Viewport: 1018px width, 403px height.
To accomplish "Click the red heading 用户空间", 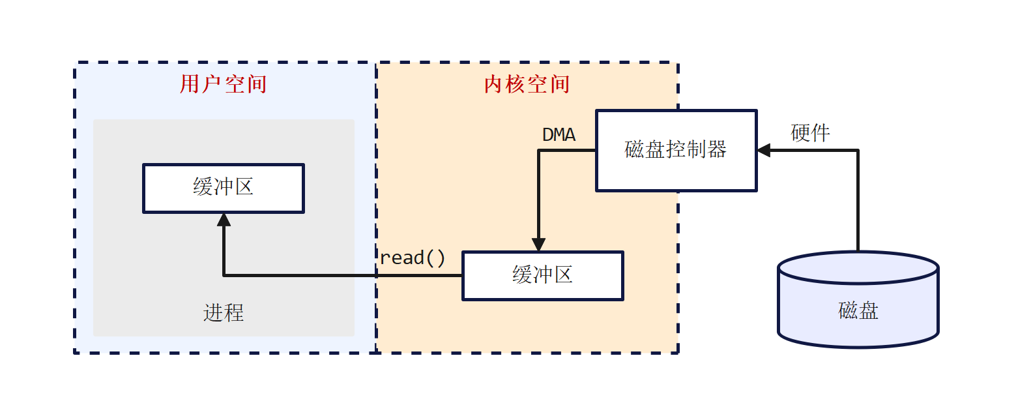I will (223, 85).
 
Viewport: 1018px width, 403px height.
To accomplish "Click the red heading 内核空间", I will (527, 85).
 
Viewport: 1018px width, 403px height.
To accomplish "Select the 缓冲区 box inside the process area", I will (224, 188).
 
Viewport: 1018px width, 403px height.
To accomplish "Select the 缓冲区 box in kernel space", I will (543, 276).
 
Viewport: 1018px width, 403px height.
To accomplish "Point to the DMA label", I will (559, 135).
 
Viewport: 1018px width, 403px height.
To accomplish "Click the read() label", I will (413, 258).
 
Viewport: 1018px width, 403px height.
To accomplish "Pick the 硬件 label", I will (810, 133).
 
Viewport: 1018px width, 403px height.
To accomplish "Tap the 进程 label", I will (224, 313).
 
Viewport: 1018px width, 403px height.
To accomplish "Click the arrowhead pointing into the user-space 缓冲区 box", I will (224, 220).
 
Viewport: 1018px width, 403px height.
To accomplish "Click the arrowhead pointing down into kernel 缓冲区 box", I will (538, 245).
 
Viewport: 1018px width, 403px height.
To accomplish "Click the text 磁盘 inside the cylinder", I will (858, 310).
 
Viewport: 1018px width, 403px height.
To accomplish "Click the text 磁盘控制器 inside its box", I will (676, 150).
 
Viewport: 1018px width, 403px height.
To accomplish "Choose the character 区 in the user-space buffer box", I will (244, 188).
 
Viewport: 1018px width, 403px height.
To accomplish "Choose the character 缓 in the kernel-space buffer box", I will (523, 275).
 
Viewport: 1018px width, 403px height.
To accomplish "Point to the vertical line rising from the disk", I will (858, 202).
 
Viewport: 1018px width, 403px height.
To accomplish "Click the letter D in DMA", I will (548, 135).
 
